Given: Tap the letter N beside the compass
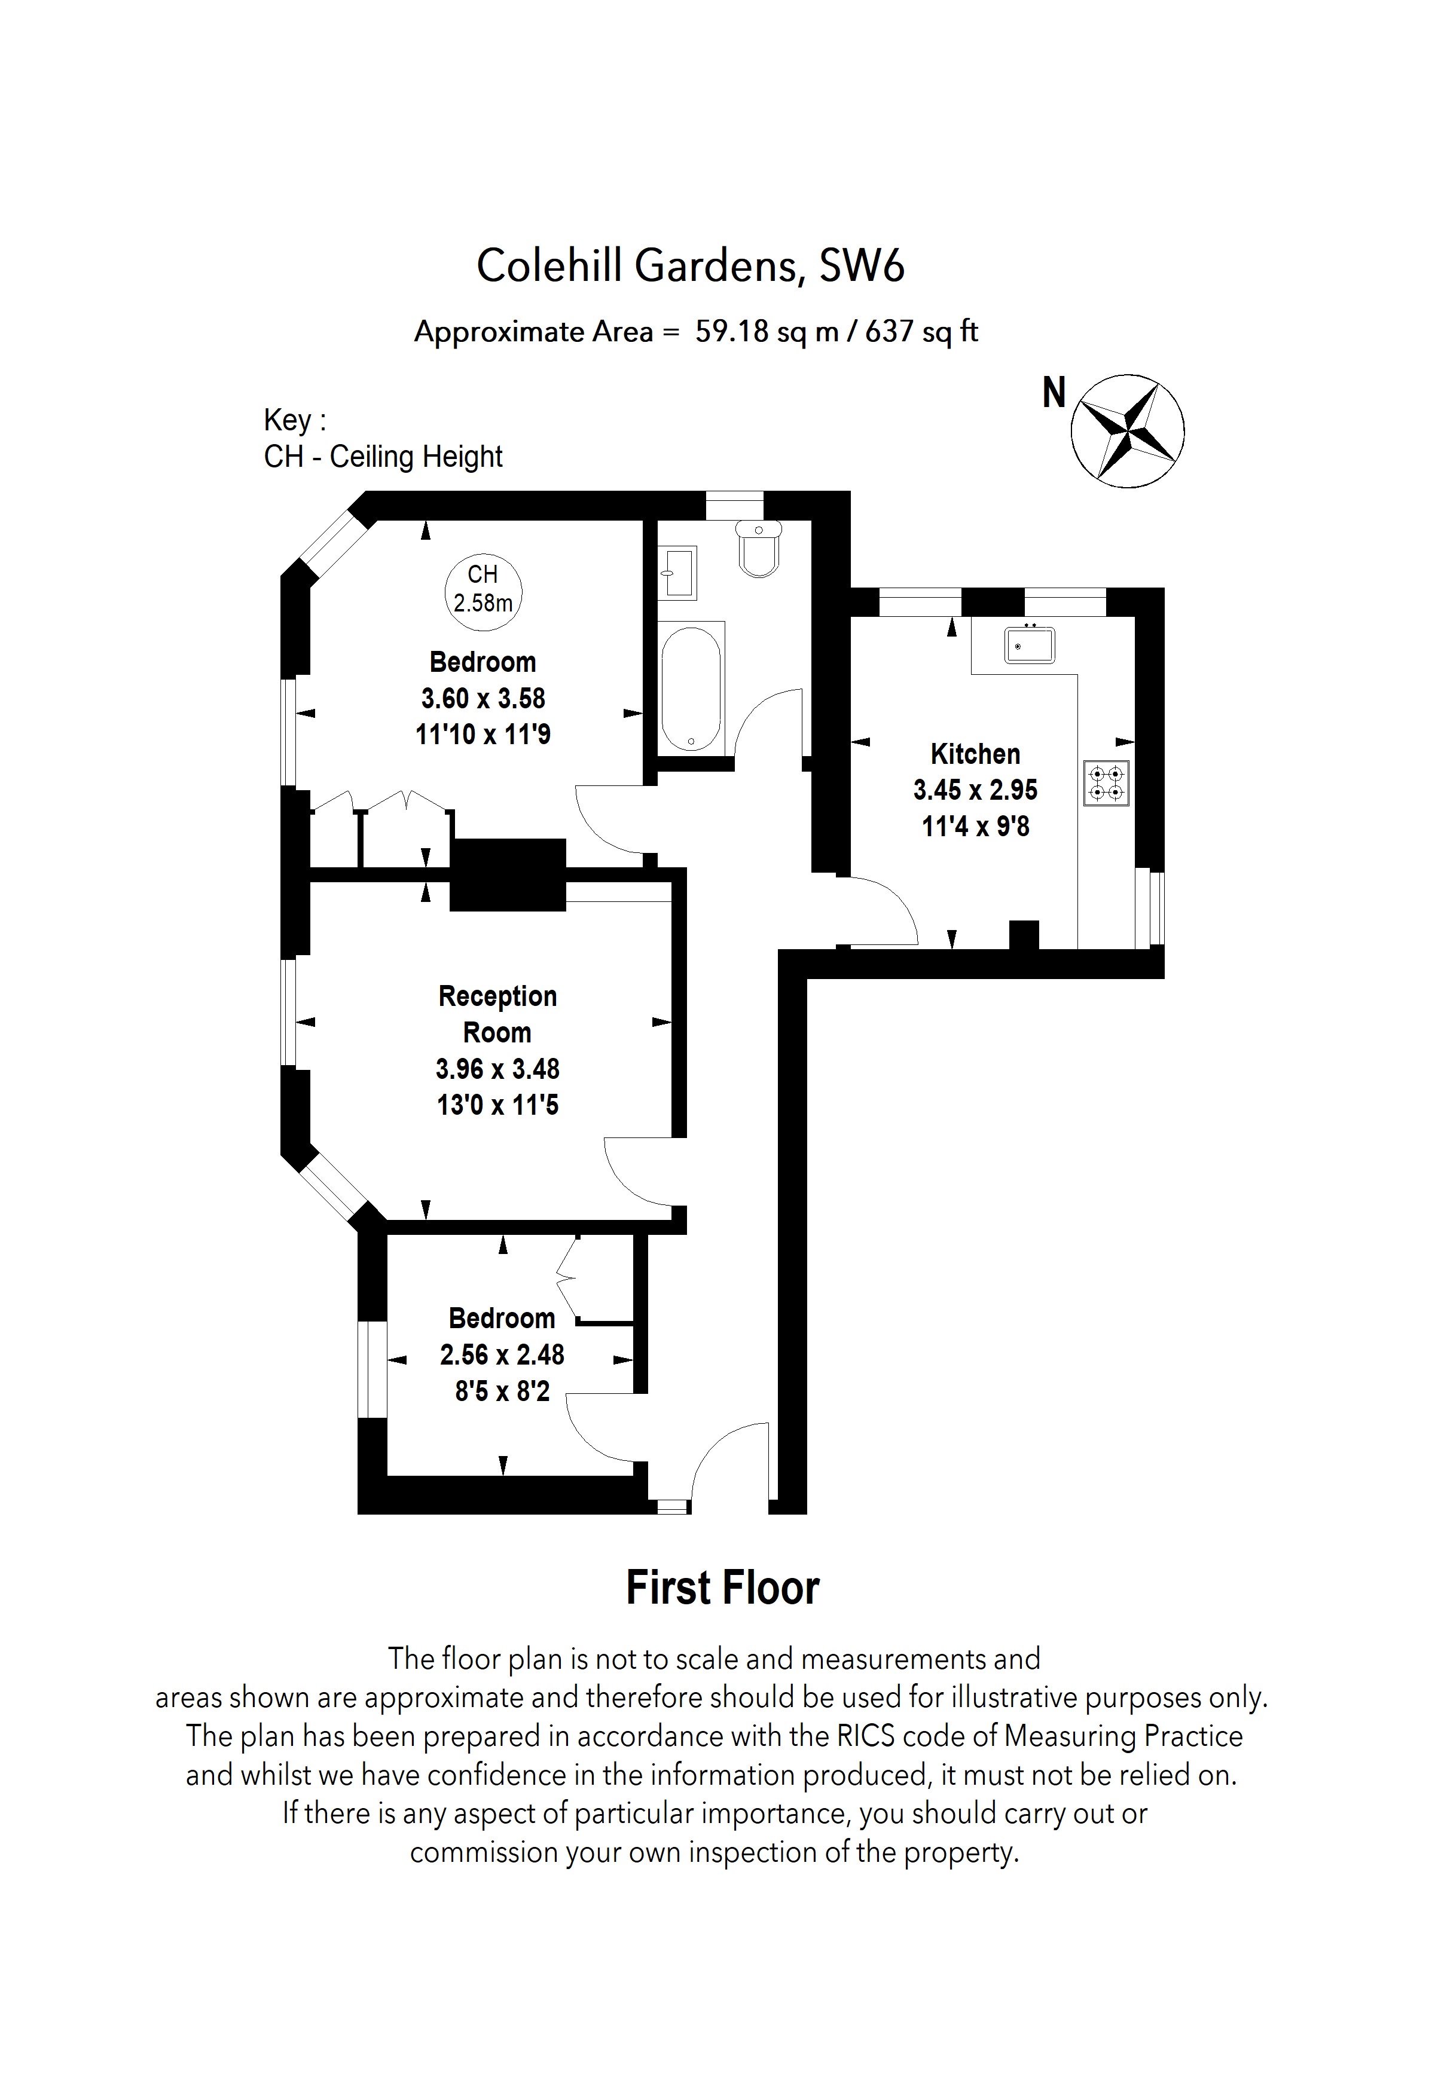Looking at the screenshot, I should tap(1054, 393).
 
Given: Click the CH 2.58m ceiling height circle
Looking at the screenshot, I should tap(484, 589).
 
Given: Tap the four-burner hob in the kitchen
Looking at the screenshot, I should tap(1106, 783).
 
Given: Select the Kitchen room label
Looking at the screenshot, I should tap(975, 754).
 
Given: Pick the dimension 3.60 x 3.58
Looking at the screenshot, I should tap(484, 699).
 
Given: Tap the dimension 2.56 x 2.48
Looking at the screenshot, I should tap(502, 1355).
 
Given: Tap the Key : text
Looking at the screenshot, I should tap(294, 420).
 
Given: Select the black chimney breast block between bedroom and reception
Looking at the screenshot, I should tap(508, 874).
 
